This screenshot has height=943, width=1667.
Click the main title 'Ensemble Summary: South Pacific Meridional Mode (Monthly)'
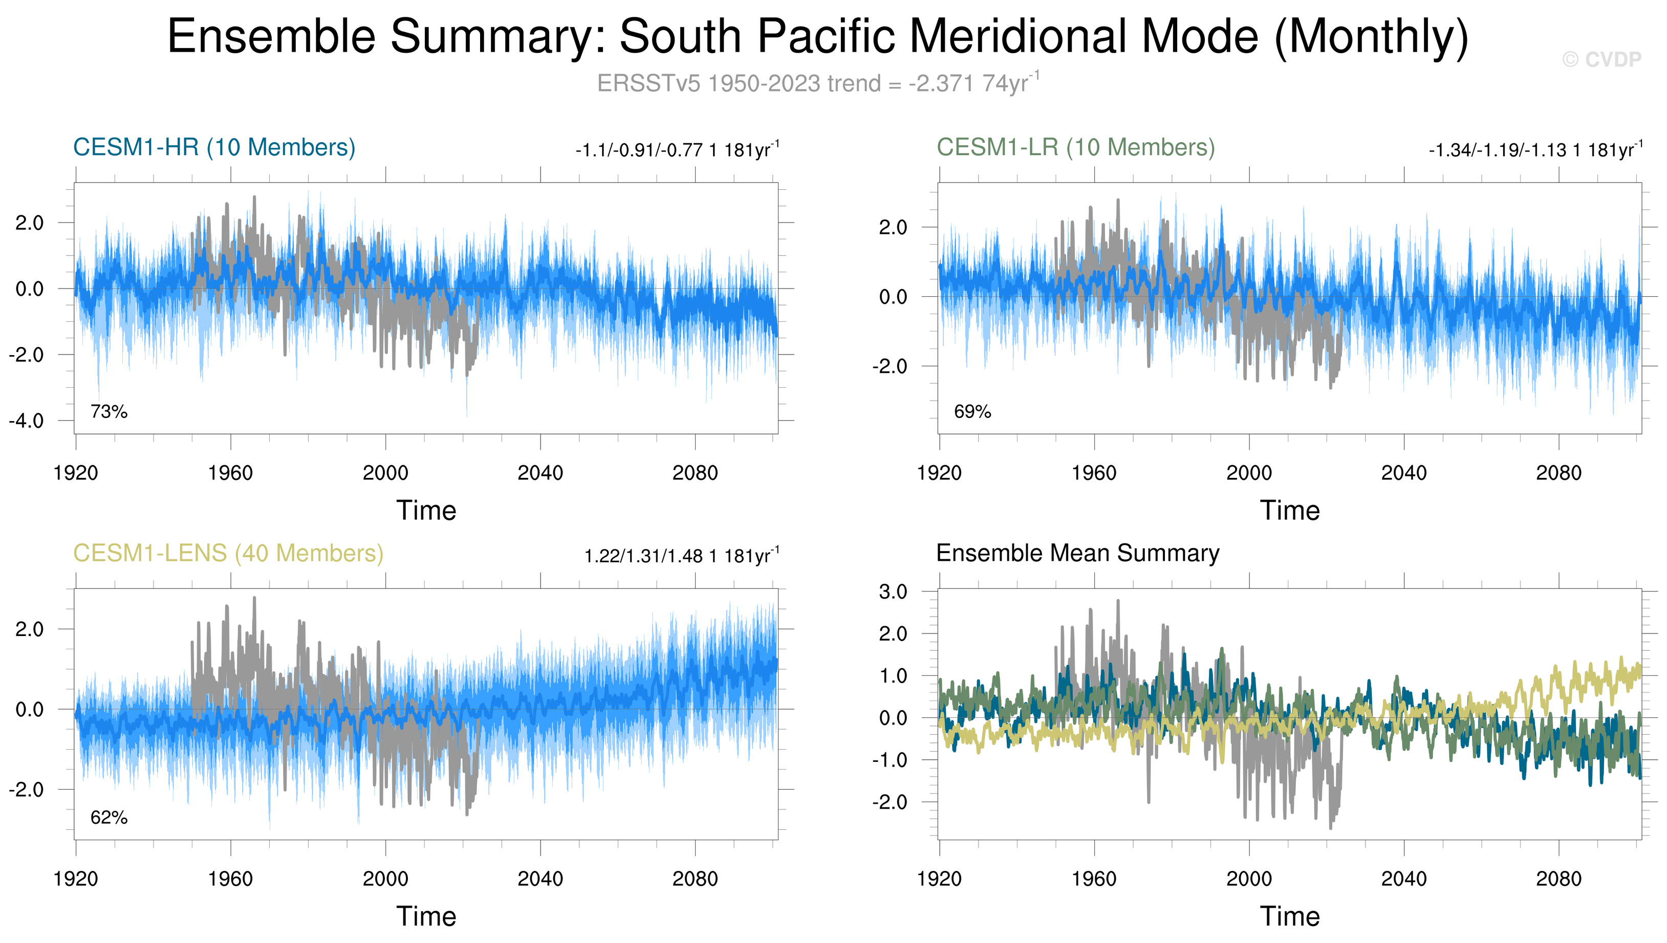817,36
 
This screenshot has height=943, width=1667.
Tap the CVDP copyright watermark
1601,59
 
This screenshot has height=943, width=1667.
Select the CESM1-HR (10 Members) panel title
214,148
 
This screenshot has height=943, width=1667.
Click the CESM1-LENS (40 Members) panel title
228,554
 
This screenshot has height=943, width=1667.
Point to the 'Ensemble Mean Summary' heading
1077,553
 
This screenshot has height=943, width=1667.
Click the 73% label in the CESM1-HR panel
109,411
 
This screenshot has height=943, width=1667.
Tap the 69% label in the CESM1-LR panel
972,411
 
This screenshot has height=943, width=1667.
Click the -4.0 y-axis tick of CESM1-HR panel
27,421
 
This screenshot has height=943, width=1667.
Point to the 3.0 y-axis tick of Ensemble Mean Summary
893,591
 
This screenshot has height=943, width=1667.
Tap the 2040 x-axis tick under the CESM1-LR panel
1403,473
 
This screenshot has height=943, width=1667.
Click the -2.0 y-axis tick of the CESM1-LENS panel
27,790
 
